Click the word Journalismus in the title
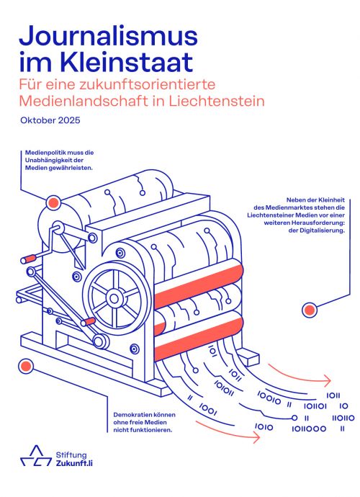tap(109, 36)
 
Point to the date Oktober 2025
tap(50, 120)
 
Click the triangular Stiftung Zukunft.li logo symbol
tap(36, 455)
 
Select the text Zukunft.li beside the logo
tap(74, 463)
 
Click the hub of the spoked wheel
tap(114, 298)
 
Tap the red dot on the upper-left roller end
tap(53, 202)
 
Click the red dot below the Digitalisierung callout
tap(310, 310)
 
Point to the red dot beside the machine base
tap(26, 367)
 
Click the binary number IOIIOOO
tap(309, 429)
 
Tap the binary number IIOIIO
tap(343, 418)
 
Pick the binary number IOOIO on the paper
tap(269, 398)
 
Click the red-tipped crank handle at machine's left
tap(29, 259)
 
